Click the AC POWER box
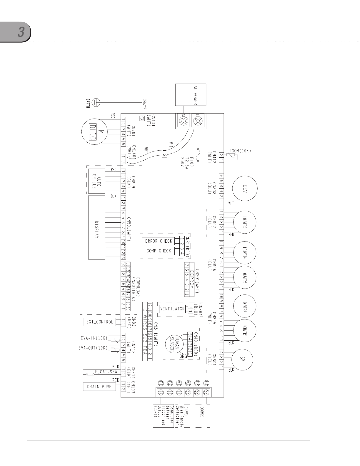(x=191, y=94)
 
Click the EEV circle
(x=245, y=189)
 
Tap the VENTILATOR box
(x=172, y=309)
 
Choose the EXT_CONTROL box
(x=99, y=322)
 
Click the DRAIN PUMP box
(x=99, y=387)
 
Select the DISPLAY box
(x=97, y=227)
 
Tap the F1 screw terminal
(x=161, y=392)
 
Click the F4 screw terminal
(x=206, y=392)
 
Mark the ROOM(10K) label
(x=240, y=151)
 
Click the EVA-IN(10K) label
(x=94, y=338)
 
